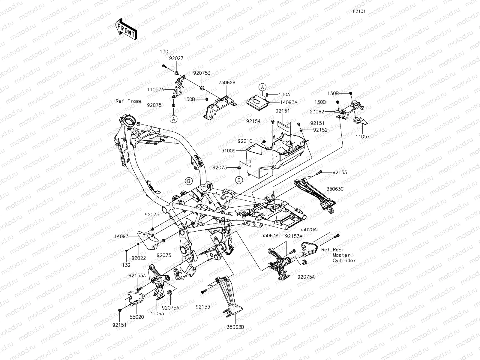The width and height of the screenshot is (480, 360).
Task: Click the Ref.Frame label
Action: pos(128,101)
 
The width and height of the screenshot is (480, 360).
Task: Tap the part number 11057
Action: pos(363,136)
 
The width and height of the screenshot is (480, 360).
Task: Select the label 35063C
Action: pos(335,189)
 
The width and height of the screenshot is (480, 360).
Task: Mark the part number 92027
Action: pos(184,58)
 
